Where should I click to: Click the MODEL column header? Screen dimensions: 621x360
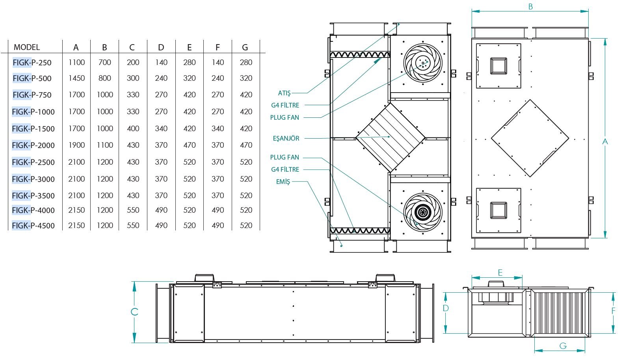tap(27, 47)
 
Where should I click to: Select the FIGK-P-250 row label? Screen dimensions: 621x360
tap(32, 63)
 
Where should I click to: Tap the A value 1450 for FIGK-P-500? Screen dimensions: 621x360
tap(76, 78)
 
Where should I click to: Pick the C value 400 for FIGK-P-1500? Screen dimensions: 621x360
tap(133, 128)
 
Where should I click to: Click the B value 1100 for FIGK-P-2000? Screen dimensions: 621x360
tap(105, 145)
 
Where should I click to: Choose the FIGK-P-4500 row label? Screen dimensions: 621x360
tap(33, 226)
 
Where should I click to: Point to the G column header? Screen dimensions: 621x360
tap(245, 47)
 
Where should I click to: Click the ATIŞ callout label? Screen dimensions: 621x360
tap(284, 93)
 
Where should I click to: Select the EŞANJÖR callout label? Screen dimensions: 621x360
tap(286, 138)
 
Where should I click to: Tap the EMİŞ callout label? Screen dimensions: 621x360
tap(283, 182)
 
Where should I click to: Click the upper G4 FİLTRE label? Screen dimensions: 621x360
tap(285, 105)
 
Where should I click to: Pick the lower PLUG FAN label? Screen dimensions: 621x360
tap(284, 158)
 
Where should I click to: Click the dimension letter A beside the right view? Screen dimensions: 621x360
tap(605, 142)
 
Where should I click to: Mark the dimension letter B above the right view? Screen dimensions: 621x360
tap(530, 7)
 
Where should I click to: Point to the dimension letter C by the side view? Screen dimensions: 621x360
tap(134, 312)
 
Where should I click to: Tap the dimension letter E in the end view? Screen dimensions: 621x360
tap(500, 273)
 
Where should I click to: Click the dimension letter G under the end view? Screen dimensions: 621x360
tap(563, 346)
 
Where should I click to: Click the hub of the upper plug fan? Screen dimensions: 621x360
tap(423, 63)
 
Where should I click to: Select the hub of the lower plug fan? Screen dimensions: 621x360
tap(423, 212)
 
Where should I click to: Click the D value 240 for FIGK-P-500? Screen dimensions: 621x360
tap(161, 78)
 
